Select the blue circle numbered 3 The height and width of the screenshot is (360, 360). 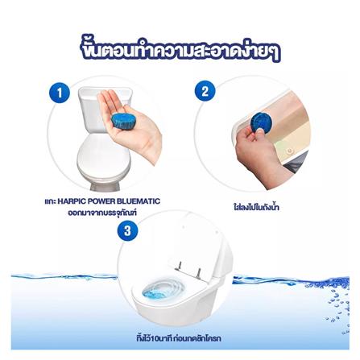[x=125, y=231]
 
